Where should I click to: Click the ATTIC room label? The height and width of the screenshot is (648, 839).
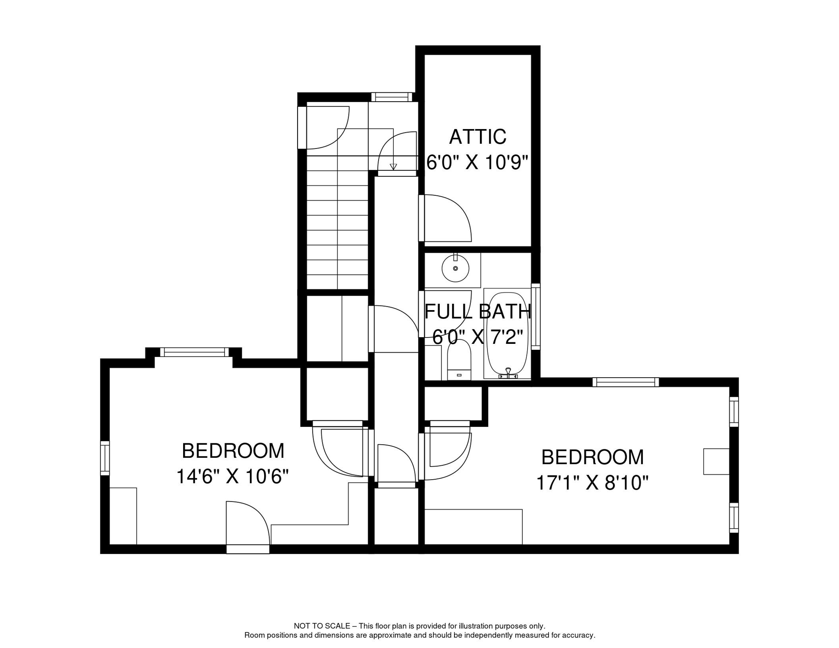tap(477, 137)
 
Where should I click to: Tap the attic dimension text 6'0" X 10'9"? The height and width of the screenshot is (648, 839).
tap(477, 162)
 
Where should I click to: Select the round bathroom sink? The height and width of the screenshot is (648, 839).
tap(455, 268)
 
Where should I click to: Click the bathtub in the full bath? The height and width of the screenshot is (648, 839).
tap(507, 334)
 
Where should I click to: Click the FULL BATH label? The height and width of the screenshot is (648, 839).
tap(477, 311)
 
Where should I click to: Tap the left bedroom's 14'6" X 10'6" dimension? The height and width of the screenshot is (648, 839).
tap(232, 477)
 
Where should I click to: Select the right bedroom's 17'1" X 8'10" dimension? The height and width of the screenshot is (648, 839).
tap(592, 483)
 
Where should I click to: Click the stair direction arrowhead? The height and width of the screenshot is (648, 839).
tap(393, 167)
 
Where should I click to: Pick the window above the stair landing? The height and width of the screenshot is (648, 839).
tap(392, 97)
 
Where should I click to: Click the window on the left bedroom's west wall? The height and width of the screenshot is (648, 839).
tap(105, 458)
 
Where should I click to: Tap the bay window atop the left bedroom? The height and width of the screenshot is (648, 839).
tap(194, 352)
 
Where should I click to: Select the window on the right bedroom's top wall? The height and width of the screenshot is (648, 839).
tap(625, 382)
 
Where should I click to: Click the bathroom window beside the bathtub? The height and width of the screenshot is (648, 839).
tap(536, 317)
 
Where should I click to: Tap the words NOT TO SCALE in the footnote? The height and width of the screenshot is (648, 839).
tap(322, 626)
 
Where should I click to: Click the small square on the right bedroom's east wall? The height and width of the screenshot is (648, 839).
tap(716, 462)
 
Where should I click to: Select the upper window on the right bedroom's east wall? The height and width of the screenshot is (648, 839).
tap(734, 412)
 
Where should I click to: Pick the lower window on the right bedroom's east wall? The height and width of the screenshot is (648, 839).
tap(734, 518)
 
